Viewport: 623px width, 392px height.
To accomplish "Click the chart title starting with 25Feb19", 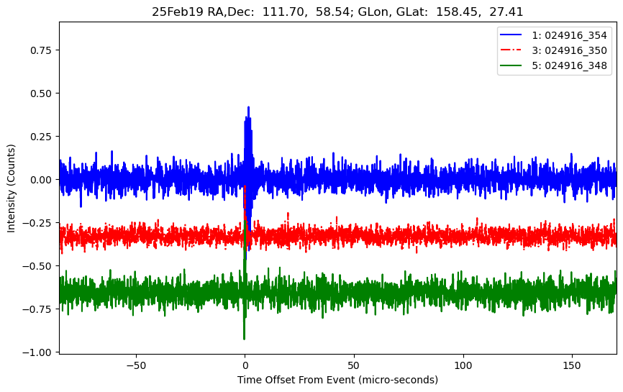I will [x=337, y=12].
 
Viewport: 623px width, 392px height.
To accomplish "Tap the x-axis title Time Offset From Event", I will [x=337, y=380].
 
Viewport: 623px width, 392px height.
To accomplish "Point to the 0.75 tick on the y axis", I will [x=42, y=50].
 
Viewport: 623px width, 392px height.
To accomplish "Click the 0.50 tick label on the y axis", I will [x=42, y=94].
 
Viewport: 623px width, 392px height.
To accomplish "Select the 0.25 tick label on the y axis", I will [x=42, y=137].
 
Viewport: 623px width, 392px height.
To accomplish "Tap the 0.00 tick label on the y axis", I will [x=42, y=180].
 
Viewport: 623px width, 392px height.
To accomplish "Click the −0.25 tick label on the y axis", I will [x=39, y=223].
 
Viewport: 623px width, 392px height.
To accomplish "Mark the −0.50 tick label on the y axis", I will [x=39, y=266].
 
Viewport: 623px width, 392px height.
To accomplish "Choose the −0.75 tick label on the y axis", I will [x=39, y=309].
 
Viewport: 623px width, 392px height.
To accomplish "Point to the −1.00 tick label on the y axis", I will [x=39, y=352].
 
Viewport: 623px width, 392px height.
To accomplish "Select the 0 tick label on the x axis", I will [x=245, y=365].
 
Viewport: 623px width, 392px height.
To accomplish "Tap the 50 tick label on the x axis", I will [x=354, y=365].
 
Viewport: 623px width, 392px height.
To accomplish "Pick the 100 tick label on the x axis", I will [x=463, y=365].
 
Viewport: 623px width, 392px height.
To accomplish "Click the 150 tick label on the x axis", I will [x=573, y=365].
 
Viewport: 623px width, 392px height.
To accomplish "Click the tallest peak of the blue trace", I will [x=248, y=108].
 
